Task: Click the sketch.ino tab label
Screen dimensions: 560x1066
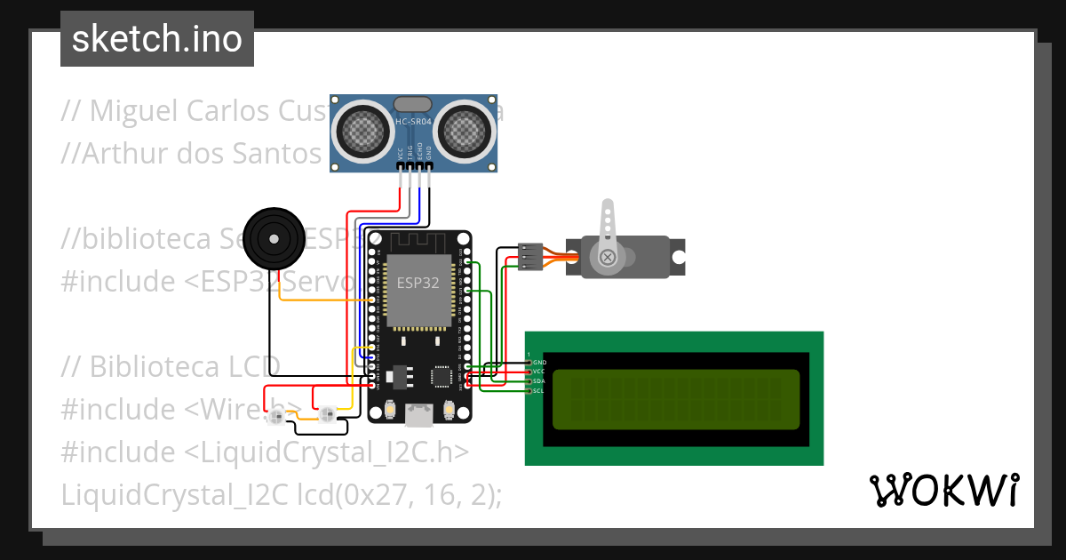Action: [x=157, y=39]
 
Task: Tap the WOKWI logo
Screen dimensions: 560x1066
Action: [x=943, y=491]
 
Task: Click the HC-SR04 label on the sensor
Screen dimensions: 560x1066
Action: [x=414, y=121]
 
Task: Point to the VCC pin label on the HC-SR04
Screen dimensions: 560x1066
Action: [x=400, y=154]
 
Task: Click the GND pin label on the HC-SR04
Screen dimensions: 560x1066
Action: [x=429, y=154]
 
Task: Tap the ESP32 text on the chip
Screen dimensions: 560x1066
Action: [x=418, y=284]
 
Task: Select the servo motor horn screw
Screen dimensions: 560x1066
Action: [x=608, y=258]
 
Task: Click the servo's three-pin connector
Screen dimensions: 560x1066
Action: [x=530, y=257]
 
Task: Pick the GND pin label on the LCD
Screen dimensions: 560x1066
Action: [x=539, y=363]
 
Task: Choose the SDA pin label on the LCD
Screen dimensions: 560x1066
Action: [x=539, y=381]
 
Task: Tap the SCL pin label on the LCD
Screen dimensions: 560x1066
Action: [x=539, y=391]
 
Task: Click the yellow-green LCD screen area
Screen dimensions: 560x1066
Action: [x=675, y=398]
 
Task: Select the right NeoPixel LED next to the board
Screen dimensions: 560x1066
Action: [x=327, y=413]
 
